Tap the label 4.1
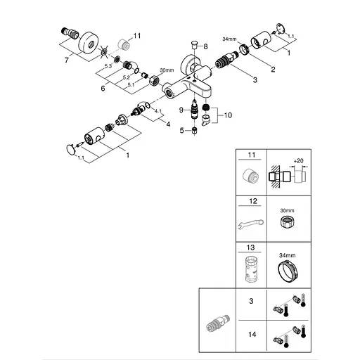tap(158, 111)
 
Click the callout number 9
tap(180, 110)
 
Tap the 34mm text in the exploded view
tap(231, 40)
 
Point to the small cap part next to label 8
tap(194, 46)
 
